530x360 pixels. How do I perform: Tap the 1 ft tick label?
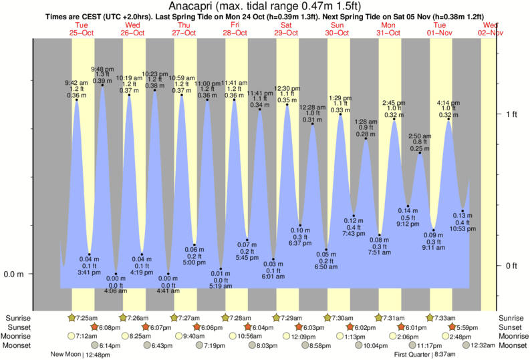(511, 114)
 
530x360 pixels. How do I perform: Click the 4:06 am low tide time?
(115, 291)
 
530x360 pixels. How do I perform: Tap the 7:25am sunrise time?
(86, 317)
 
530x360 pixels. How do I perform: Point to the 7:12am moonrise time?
(86, 336)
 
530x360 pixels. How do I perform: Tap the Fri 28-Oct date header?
(235, 28)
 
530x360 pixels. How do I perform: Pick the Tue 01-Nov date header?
(440, 28)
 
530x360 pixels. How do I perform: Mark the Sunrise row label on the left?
(17, 317)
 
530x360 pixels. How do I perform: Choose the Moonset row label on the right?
(512, 345)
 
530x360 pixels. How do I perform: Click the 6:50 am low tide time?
(326, 267)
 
